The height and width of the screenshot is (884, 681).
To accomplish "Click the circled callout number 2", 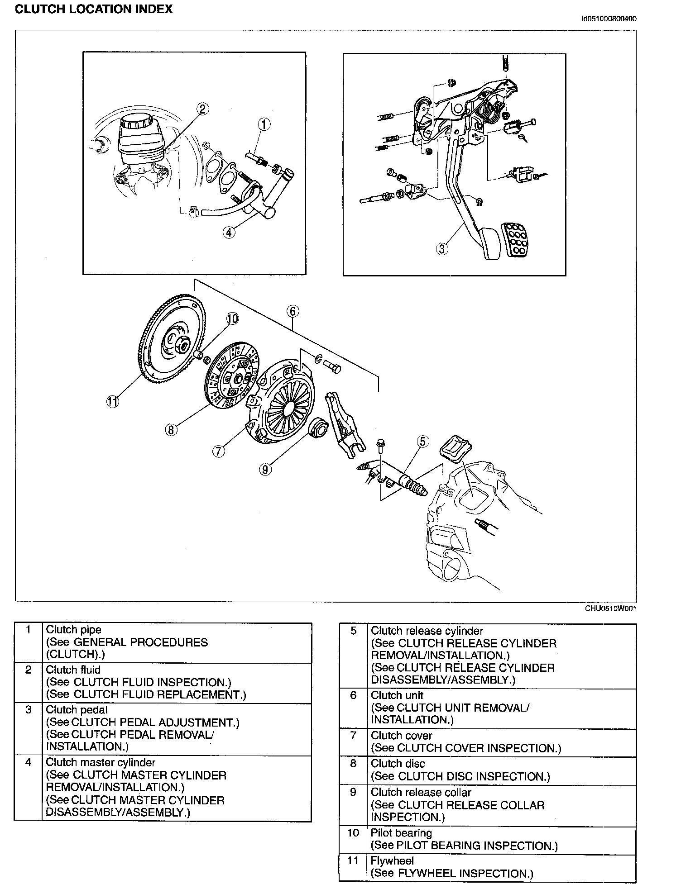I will coord(202,109).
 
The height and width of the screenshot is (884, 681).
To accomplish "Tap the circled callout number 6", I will coord(293,311).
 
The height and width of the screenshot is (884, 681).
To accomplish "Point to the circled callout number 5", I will coord(422,441).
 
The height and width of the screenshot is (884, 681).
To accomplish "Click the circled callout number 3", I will coord(442,248).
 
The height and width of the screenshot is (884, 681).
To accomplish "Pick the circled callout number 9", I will coord(265,470).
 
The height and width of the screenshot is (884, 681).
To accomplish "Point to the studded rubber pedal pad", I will coord(515,240).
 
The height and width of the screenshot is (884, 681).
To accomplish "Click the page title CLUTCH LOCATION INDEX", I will coord(94,10).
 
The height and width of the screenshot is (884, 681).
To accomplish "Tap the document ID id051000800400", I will coord(609,19).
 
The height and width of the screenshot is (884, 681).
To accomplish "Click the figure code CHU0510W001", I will coord(611,608).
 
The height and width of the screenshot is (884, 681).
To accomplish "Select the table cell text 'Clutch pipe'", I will coord(74,630).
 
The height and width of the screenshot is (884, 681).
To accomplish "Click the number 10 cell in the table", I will coord(353,833).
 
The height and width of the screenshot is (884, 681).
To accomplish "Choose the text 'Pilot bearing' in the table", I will coord(401,833).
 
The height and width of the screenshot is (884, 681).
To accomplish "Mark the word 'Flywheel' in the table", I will coord(392,861).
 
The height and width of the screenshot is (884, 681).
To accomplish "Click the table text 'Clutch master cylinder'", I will coord(101,763).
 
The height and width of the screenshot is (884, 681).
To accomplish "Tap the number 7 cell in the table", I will coord(353,736).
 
